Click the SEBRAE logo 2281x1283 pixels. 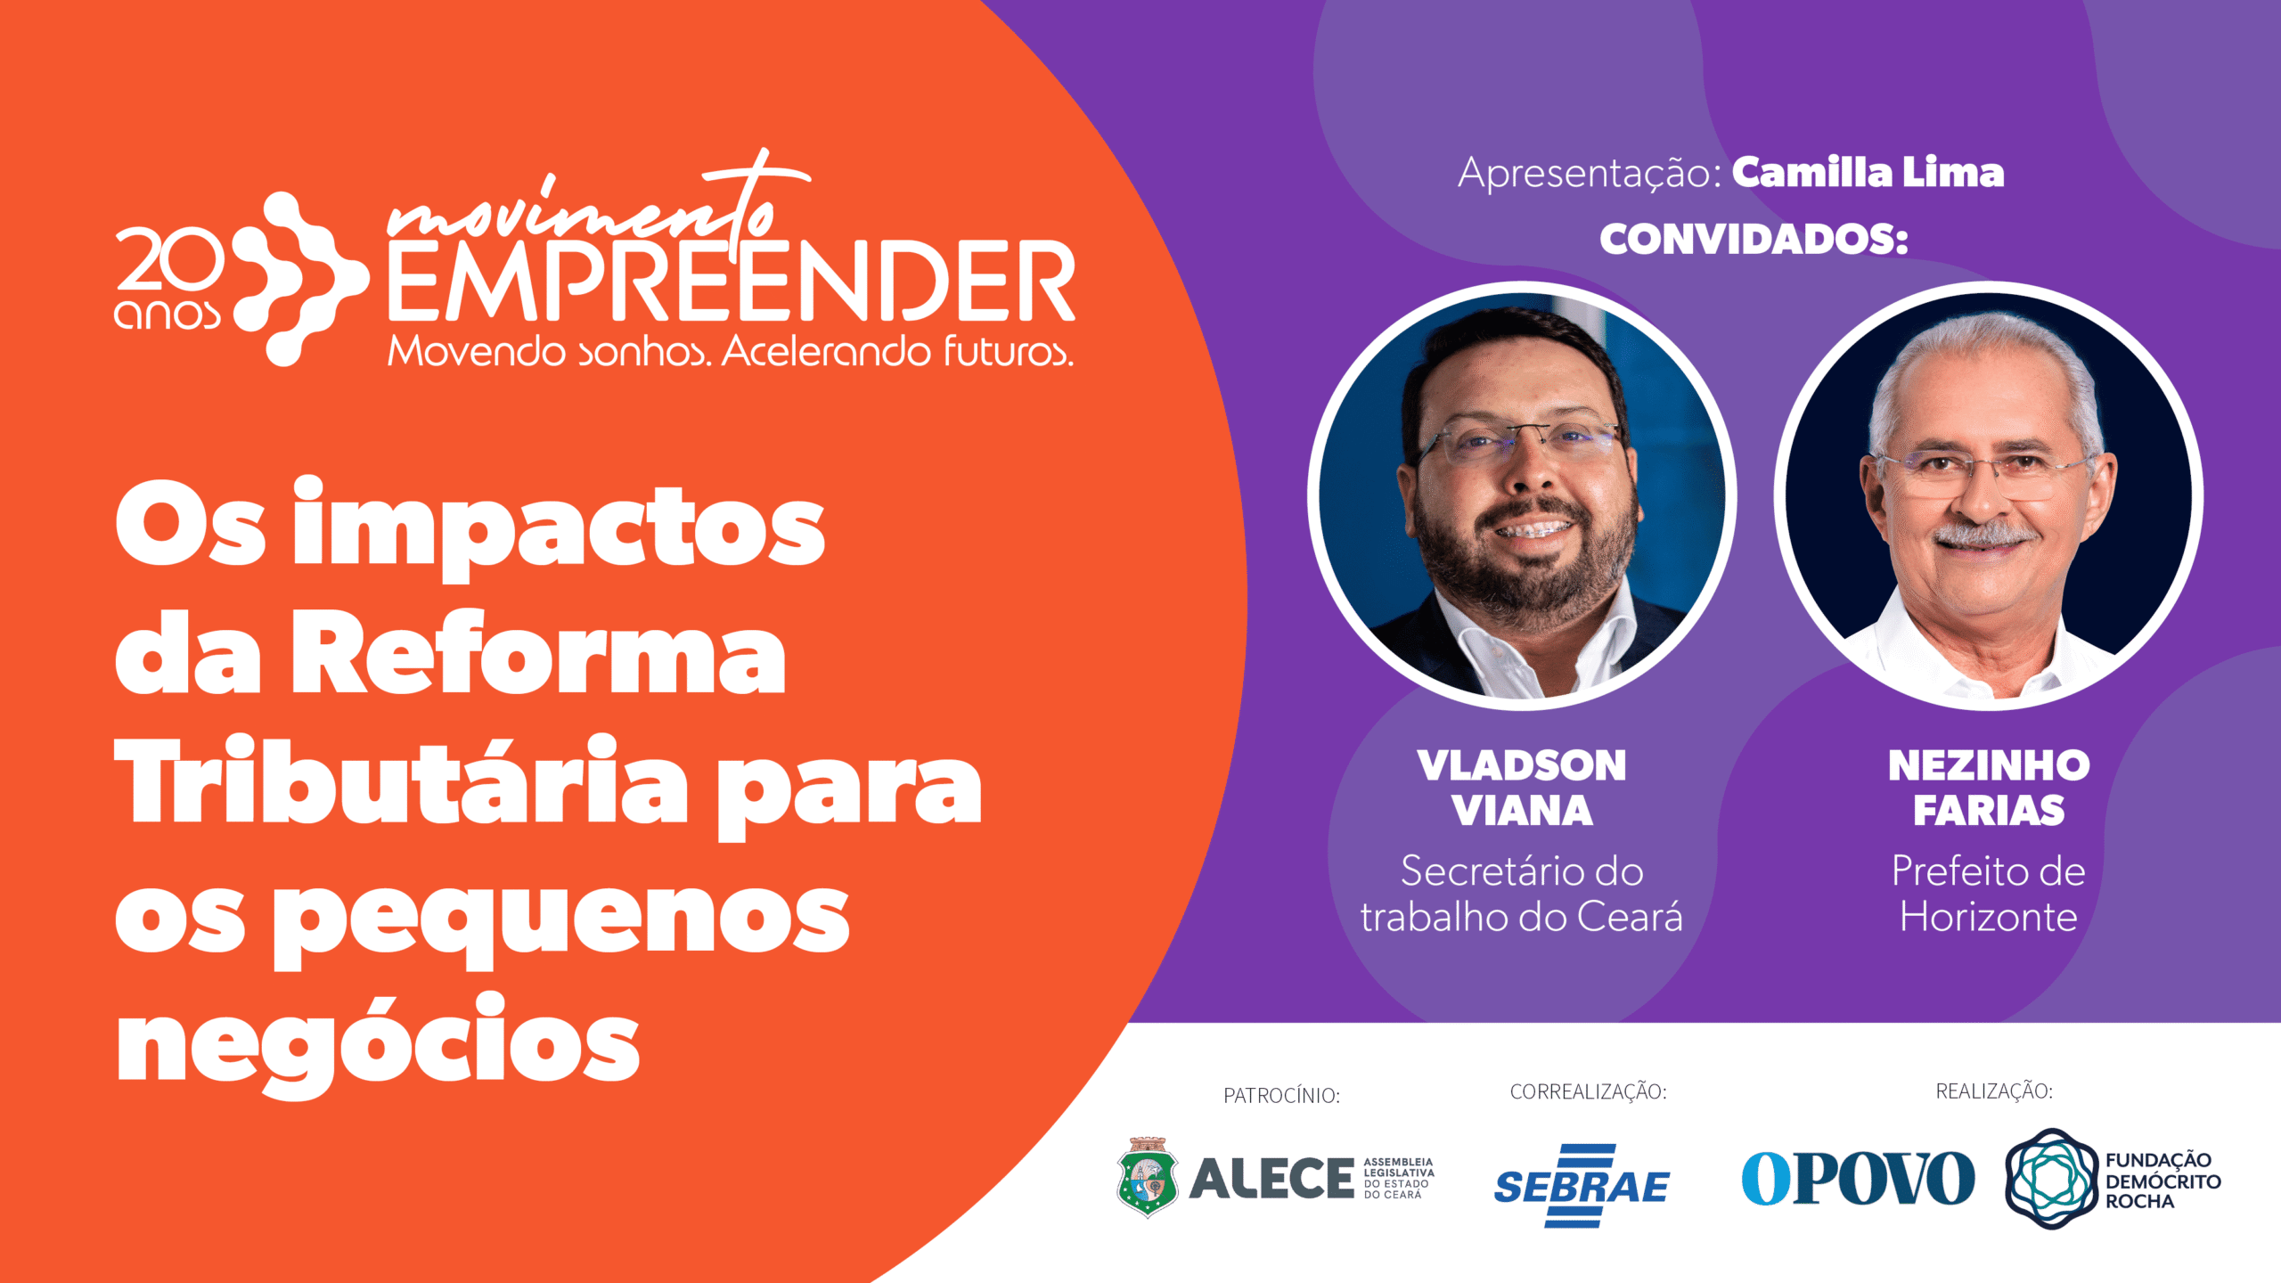(x=1582, y=1186)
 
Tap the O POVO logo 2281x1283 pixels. (x=1858, y=1178)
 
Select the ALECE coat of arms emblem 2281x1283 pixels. (x=1148, y=1177)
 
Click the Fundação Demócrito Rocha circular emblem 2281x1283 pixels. (x=2052, y=1179)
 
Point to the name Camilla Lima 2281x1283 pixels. (x=1868, y=173)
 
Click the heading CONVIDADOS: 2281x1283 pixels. (x=1754, y=239)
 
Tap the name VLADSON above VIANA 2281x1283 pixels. (x=1522, y=765)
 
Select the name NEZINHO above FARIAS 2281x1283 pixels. (x=1989, y=765)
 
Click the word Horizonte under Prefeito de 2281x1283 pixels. (x=1989, y=917)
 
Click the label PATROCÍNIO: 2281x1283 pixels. (x=1281, y=1095)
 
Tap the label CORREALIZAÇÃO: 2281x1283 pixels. (x=1588, y=1091)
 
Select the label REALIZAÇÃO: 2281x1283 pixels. (x=1994, y=1091)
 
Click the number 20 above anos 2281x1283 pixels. (x=170, y=258)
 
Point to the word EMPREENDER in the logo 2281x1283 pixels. (x=732, y=282)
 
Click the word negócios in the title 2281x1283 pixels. (x=378, y=1043)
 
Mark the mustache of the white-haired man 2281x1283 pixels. (x=1985, y=535)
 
